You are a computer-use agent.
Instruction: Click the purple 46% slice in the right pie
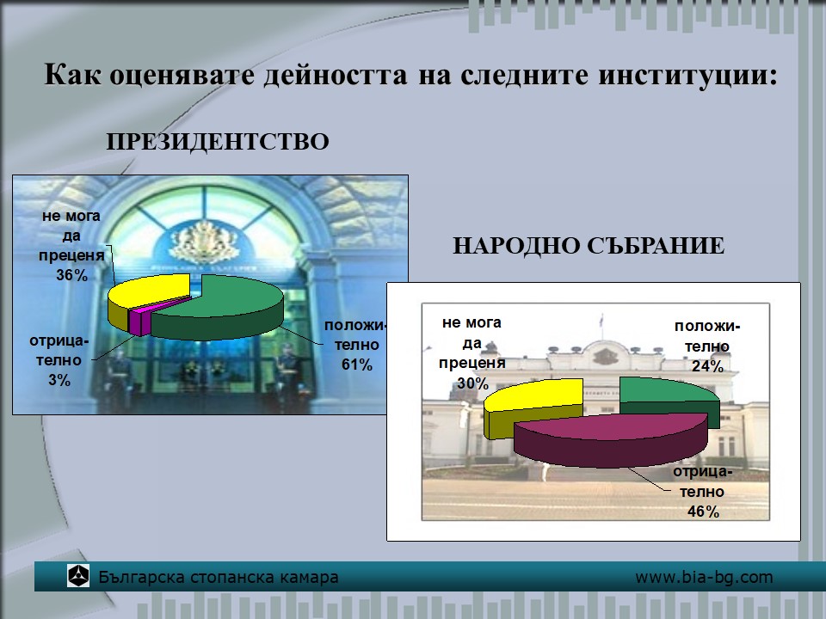point(611,439)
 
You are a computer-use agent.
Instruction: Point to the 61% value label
point(356,365)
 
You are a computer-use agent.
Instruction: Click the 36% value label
point(71,275)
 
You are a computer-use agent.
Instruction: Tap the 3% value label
point(59,380)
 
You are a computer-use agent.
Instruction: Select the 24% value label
point(707,366)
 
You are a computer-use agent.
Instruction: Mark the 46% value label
point(703,511)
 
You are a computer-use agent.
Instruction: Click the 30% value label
point(472,383)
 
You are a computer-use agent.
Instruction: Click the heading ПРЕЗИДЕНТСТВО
point(218,142)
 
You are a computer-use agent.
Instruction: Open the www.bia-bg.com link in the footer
point(705,577)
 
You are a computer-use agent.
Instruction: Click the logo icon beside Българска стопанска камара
point(78,575)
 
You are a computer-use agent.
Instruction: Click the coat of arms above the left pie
point(204,242)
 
